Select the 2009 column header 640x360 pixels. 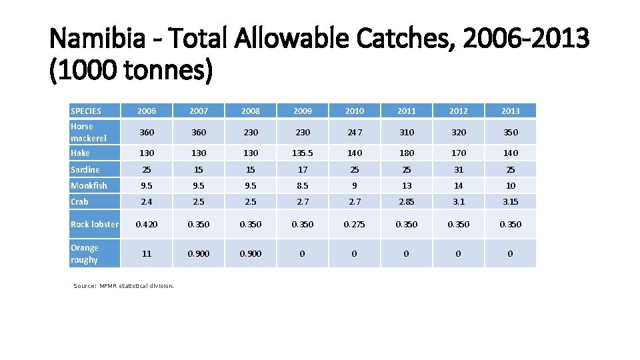click(x=303, y=111)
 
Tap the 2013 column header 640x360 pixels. click(x=510, y=111)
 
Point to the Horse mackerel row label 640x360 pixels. click(x=88, y=132)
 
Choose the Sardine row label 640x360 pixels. click(x=85, y=169)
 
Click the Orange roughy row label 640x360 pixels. click(x=85, y=253)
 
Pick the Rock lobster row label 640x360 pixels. click(x=95, y=225)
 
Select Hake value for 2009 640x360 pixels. click(x=303, y=153)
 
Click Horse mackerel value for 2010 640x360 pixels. click(x=355, y=132)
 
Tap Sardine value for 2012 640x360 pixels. click(x=458, y=169)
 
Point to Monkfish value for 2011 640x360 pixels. click(x=407, y=185)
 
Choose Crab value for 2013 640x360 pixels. click(x=510, y=201)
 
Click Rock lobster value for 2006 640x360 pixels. click(x=147, y=225)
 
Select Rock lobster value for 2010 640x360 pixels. click(x=355, y=225)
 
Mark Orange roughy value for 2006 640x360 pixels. click(x=147, y=253)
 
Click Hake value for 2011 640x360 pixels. click(x=407, y=153)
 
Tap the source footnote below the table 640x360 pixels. click(x=123, y=286)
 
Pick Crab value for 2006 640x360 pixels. click(x=147, y=201)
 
